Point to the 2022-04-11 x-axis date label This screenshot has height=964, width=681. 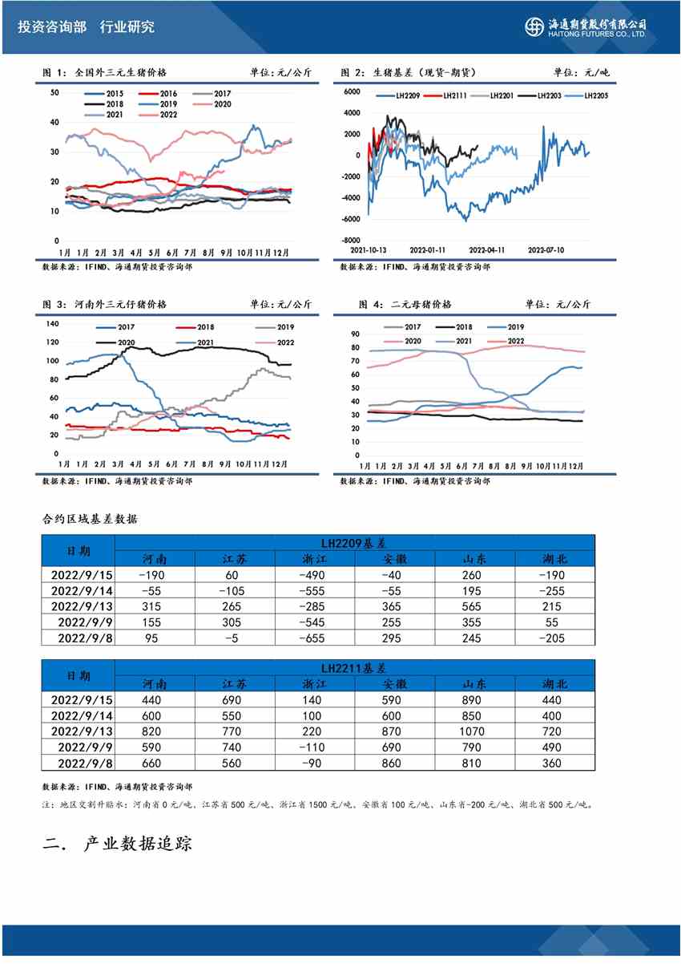[487, 249]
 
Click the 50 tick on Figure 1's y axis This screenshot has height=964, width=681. [55, 92]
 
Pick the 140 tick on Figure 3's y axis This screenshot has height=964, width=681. [54, 323]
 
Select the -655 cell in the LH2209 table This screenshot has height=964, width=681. [314, 638]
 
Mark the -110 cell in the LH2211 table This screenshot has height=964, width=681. [314, 747]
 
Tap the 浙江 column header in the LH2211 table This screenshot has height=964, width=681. [314, 684]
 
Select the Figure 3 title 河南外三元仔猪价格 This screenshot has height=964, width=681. [120, 305]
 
